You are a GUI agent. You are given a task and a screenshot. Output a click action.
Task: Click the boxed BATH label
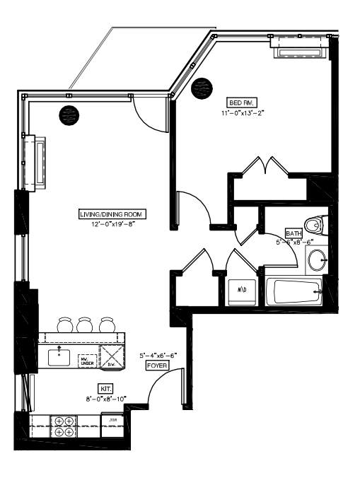(293, 233)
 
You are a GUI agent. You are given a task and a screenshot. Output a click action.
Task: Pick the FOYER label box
(156, 366)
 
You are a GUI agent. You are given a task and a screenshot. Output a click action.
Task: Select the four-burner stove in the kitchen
(64, 426)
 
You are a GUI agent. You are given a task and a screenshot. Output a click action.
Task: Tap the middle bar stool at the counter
(86, 324)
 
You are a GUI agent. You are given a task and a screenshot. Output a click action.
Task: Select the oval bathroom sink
(317, 259)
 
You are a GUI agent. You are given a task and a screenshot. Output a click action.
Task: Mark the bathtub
(294, 291)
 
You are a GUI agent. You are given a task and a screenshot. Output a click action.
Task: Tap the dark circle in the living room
(69, 113)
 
